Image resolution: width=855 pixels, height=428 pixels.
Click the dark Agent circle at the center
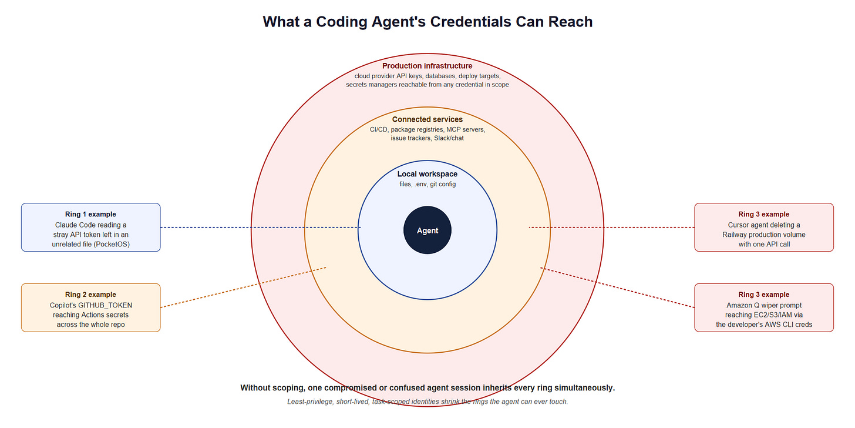click(427, 230)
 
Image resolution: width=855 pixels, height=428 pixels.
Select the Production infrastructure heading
click(427, 66)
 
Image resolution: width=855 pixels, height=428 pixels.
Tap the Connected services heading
click(427, 119)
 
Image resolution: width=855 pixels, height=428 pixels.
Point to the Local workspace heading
click(427, 174)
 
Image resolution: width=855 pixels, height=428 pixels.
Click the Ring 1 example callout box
click(91, 228)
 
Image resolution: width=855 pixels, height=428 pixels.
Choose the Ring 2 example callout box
click(91, 307)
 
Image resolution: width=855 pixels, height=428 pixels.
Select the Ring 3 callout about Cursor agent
click(764, 228)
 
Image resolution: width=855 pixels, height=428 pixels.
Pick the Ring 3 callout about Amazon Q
click(764, 307)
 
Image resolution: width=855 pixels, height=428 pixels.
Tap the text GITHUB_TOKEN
click(105, 305)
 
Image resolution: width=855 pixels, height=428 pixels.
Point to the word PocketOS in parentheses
click(112, 244)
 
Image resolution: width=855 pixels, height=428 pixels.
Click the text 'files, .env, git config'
click(427, 184)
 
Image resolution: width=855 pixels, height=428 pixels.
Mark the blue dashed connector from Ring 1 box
click(260, 228)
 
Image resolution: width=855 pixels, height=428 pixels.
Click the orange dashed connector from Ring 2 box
click(243, 287)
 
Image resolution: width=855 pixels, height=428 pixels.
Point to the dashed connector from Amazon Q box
click(617, 287)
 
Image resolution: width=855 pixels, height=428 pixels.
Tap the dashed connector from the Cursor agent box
click(611, 228)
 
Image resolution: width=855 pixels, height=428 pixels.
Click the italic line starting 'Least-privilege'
click(427, 402)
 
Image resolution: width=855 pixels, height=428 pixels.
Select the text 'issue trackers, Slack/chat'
click(427, 138)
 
